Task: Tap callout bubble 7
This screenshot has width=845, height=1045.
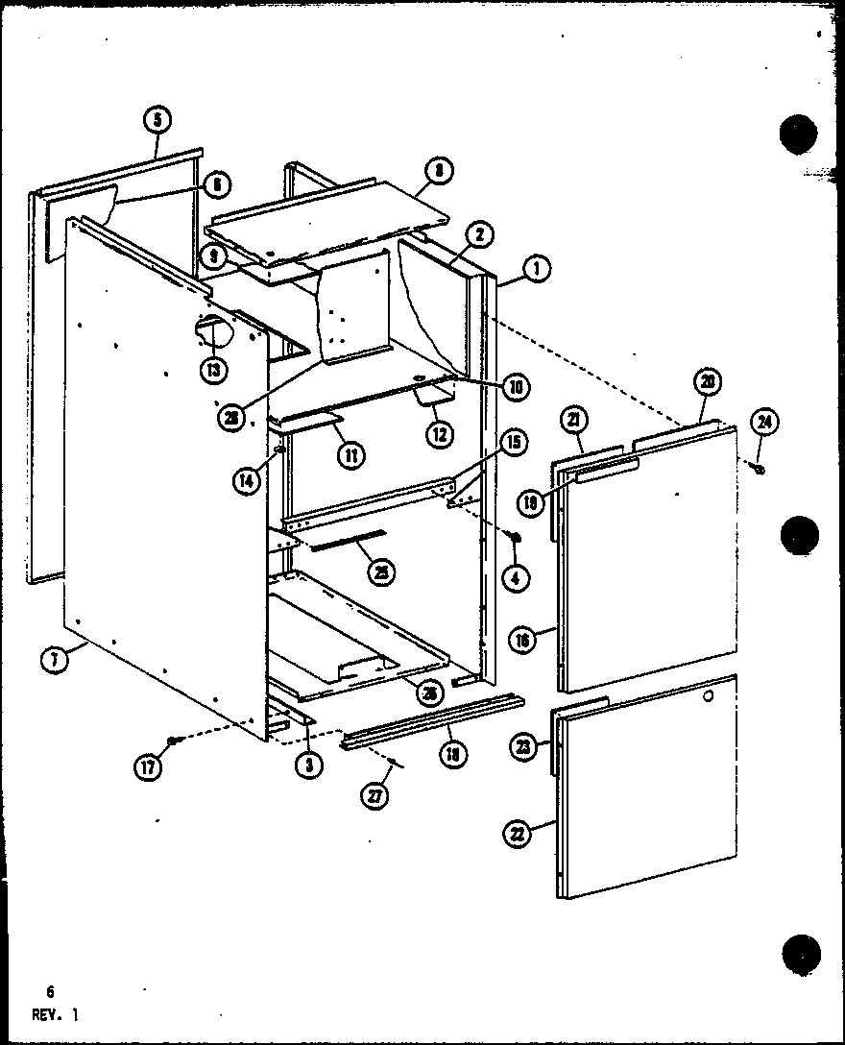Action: [55, 660]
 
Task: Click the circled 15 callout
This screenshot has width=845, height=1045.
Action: [513, 442]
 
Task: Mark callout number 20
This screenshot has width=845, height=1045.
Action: [707, 381]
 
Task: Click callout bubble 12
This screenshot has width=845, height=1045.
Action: [441, 433]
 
